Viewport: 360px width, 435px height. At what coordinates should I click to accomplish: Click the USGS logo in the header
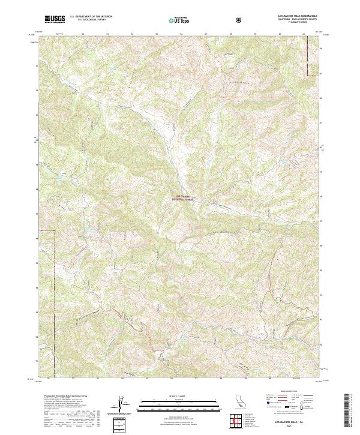[x=55, y=19]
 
